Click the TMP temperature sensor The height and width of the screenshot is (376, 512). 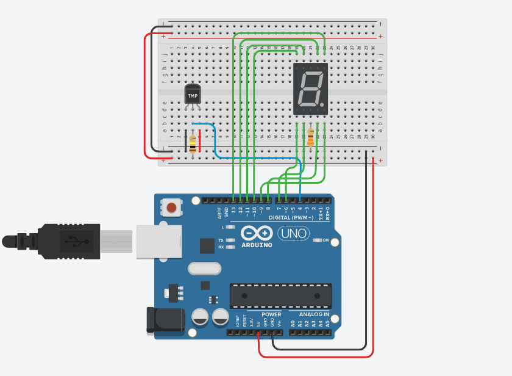[193, 95]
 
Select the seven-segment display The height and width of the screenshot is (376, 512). [310, 89]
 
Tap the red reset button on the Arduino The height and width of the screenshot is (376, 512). [172, 208]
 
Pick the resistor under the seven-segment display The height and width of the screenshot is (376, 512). [311, 138]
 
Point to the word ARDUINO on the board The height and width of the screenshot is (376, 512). [257, 245]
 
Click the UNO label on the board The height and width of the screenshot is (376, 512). [293, 233]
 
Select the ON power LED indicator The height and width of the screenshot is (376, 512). [318, 240]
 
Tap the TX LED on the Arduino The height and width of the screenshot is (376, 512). [230, 240]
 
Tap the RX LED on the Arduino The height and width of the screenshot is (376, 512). [230, 248]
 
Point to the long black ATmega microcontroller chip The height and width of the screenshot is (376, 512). [280, 295]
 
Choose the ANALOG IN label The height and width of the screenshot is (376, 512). [313, 315]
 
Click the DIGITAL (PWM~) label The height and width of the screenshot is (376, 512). [291, 217]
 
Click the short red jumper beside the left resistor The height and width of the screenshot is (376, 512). [200, 141]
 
